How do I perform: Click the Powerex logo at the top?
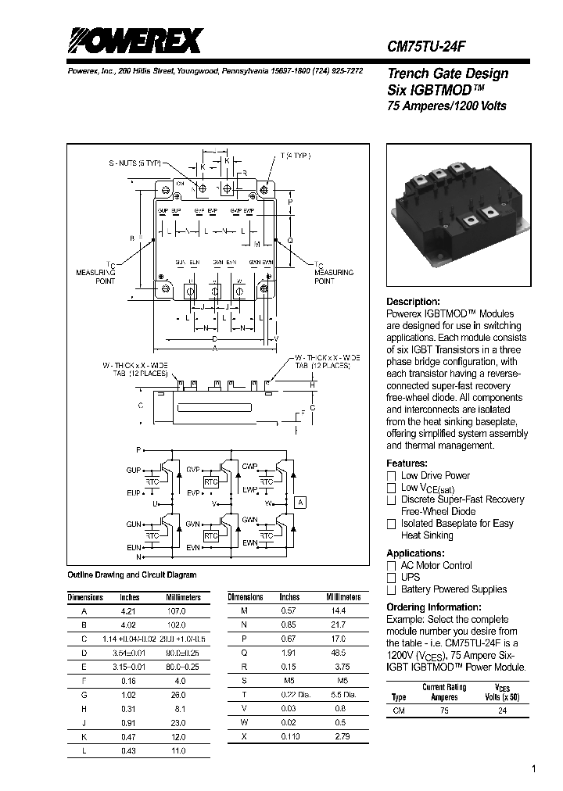(x=132, y=39)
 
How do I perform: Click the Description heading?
(x=413, y=302)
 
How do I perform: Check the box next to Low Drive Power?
(x=392, y=476)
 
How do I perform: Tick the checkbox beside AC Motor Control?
(x=392, y=566)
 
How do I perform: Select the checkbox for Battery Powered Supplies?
(x=392, y=590)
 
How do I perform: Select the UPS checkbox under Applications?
(x=392, y=578)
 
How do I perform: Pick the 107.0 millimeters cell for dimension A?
(x=177, y=611)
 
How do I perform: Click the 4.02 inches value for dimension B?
(x=129, y=625)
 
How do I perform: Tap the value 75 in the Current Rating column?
(x=443, y=712)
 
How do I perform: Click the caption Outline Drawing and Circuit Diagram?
(x=131, y=575)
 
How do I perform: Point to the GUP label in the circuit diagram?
(x=134, y=471)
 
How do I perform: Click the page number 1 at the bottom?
(x=534, y=770)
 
